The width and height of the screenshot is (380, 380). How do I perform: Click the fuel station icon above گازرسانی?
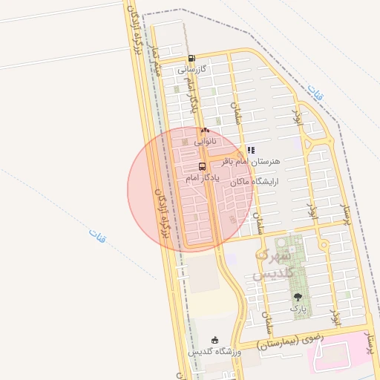click(191, 58)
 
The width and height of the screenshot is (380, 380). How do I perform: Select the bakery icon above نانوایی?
click(205, 130)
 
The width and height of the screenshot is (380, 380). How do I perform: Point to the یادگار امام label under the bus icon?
click(200, 179)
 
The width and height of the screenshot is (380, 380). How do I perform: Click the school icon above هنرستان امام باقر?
click(250, 149)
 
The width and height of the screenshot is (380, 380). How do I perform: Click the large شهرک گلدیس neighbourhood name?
click(275, 264)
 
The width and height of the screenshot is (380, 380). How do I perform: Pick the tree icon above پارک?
click(298, 295)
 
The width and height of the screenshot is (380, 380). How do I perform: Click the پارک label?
click(298, 307)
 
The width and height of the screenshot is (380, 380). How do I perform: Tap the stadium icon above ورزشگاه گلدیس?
click(215, 339)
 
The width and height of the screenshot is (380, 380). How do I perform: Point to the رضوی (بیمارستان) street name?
click(290, 341)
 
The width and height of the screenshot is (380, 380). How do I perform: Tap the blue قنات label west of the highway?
click(97, 235)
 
